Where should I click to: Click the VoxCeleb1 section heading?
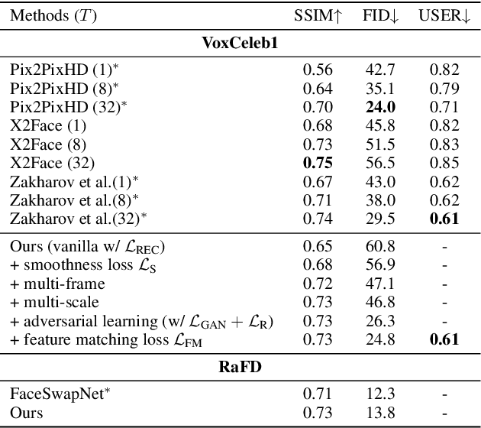(240, 43)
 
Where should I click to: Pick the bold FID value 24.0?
(379, 107)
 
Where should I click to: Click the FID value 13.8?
(379, 413)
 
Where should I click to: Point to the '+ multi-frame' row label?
(54, 284)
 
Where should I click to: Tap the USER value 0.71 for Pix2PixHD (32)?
(444, 107)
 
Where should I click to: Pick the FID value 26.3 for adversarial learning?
(379, 321)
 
